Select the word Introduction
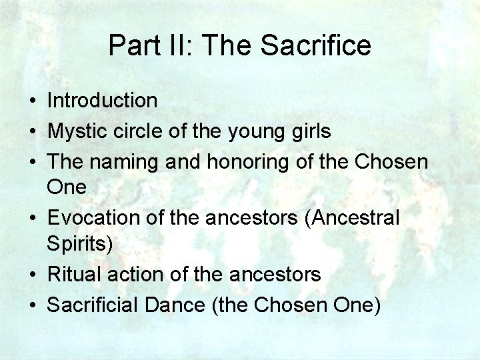[102, 101]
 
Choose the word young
[255, 131]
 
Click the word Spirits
[80, 243]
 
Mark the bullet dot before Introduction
[32, 101]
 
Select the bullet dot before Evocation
[32, 219]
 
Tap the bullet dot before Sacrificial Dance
[32, 305]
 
